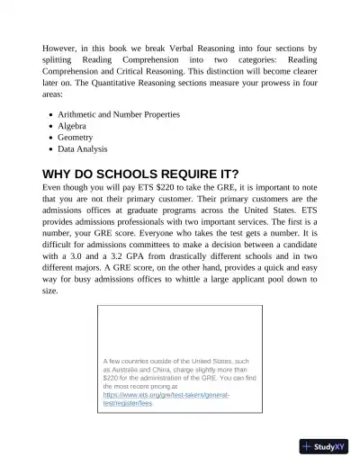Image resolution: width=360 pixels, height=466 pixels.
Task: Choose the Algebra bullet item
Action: coord(74,126)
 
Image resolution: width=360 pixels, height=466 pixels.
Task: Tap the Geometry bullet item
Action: coord(79,138)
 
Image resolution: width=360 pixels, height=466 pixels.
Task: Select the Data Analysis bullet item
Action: coord(83,149)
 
